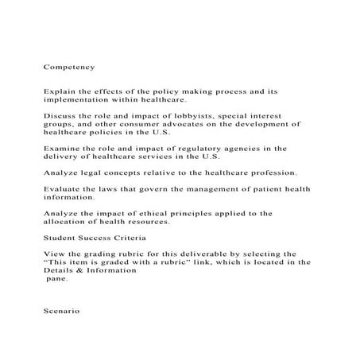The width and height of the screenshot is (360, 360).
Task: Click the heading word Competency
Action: click(69, 68)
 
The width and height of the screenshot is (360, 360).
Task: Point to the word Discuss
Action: click(58, 115)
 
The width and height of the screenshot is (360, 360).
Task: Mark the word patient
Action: click(254, 189)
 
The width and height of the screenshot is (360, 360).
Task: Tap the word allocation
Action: click(70, 223)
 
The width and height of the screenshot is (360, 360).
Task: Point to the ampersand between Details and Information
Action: click(78, 269)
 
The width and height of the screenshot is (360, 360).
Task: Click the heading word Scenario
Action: click(62, 311)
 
